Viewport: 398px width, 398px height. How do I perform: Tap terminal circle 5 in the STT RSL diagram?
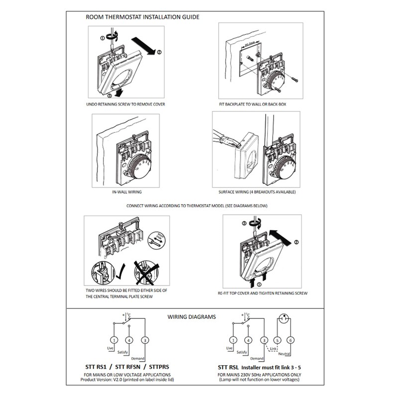point(278,340)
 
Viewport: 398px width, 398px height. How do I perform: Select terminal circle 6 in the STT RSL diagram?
point(292,340)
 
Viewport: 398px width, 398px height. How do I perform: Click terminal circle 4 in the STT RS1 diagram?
point(129,340)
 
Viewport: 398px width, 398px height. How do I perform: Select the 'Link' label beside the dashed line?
point(273,349)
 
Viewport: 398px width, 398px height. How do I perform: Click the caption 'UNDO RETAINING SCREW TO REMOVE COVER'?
point(125,104)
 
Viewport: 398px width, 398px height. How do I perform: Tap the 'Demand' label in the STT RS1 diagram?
point(138,358)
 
